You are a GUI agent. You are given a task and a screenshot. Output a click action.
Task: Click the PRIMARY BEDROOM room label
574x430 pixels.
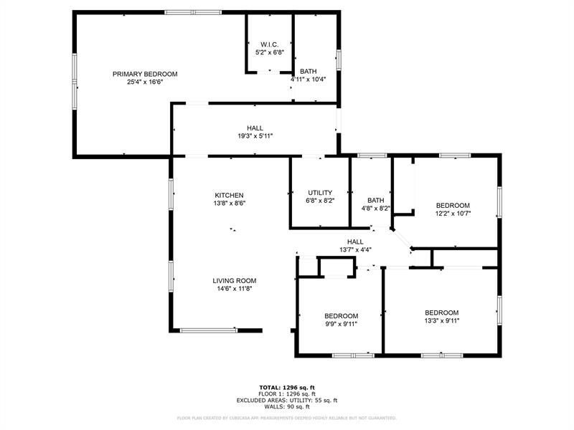click(144, 74)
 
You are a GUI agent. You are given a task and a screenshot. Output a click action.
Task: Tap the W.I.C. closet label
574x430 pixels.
click(269, 44)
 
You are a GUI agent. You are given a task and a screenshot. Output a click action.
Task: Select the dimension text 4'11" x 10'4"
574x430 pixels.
click(303, 80)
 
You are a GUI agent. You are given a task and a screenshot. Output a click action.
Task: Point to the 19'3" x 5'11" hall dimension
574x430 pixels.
click(255, 136)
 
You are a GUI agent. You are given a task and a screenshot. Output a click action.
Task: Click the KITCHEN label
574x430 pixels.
click(229, 195)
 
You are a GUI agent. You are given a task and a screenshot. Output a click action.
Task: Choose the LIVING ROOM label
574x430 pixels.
click(234, 280)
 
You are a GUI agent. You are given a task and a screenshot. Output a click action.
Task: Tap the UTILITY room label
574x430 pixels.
click(319, 192)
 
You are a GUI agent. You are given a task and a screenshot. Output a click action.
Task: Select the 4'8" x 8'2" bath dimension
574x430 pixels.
click(375, 209)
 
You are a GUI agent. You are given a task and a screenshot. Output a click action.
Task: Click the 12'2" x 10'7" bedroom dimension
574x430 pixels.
click(453, 213)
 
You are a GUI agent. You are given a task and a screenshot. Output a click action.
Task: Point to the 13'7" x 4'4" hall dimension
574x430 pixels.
click(355, 250)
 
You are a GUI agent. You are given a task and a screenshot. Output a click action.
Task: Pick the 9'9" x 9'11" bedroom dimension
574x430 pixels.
click(341, 324)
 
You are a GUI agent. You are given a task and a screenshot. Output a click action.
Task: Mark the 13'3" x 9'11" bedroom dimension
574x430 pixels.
click(441, 320)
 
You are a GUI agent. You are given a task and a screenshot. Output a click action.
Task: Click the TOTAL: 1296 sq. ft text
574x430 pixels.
click(287, 387)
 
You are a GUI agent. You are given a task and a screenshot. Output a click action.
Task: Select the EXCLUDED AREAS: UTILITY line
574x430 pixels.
click(287, 400)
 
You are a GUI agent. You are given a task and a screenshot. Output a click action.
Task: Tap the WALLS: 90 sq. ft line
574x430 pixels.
click(287, 406)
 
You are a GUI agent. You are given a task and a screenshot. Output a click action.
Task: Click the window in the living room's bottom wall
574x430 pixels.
click(208, 330)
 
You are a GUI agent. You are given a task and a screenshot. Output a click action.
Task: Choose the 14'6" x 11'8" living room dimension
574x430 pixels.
click(234, 289)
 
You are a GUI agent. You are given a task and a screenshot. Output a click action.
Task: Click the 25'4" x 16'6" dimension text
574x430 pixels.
click(144, 82)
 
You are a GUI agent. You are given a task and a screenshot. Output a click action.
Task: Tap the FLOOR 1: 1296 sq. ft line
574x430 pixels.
click(287, 393)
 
